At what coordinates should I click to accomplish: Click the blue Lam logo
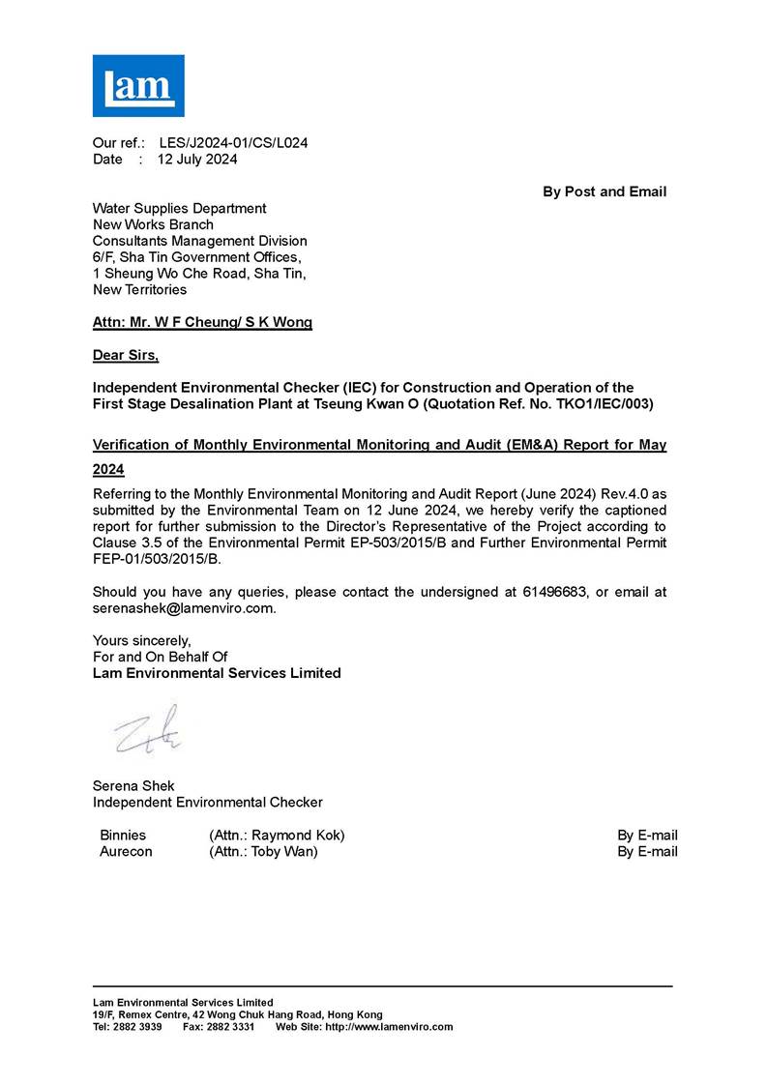pyautogui.click(x=137, y=86)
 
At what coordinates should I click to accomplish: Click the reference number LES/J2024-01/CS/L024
pyautogui.click(x=233, y=143)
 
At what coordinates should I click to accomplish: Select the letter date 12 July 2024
pyautogui.click(x=197, y=160)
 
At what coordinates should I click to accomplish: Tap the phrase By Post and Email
pyautogui.click(x=605, y=191)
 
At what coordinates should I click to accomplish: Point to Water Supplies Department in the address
pyautogui.click(x=179, y=208)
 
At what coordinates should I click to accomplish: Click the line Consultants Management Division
pyautogui.click(x=199, y=241)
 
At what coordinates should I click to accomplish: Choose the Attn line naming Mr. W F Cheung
pyautogui.click(x=202, y=323)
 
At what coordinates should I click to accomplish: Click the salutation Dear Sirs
pyautogui.click(x=125, y=356)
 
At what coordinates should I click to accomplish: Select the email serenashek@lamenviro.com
pyautogui.click(x=184, y=608)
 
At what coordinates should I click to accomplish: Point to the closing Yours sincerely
pyautogui.click(x=142, y=640)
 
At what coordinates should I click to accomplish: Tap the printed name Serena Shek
pyautogui.click(x=133, y=785)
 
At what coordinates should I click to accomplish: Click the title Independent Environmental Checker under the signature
pyautogui.click(x=207, y=802)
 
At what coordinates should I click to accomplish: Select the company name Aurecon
pyautogui.click(x=126, y=851)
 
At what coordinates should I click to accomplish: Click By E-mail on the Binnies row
pyautogui.click(x=647, y=835)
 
